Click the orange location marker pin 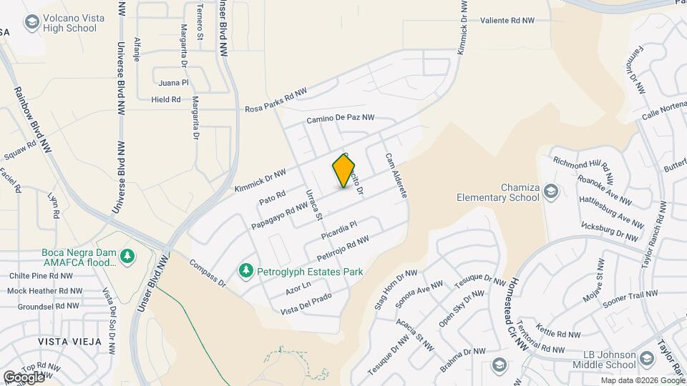344,170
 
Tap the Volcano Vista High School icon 31,23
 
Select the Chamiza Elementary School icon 551,191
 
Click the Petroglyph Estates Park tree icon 245,271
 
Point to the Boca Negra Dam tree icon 127,255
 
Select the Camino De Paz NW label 340,119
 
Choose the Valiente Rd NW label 507,21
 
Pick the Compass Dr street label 208,274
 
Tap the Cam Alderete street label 396,175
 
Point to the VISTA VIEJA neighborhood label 70,341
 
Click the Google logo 24,377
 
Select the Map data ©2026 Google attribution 642,380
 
